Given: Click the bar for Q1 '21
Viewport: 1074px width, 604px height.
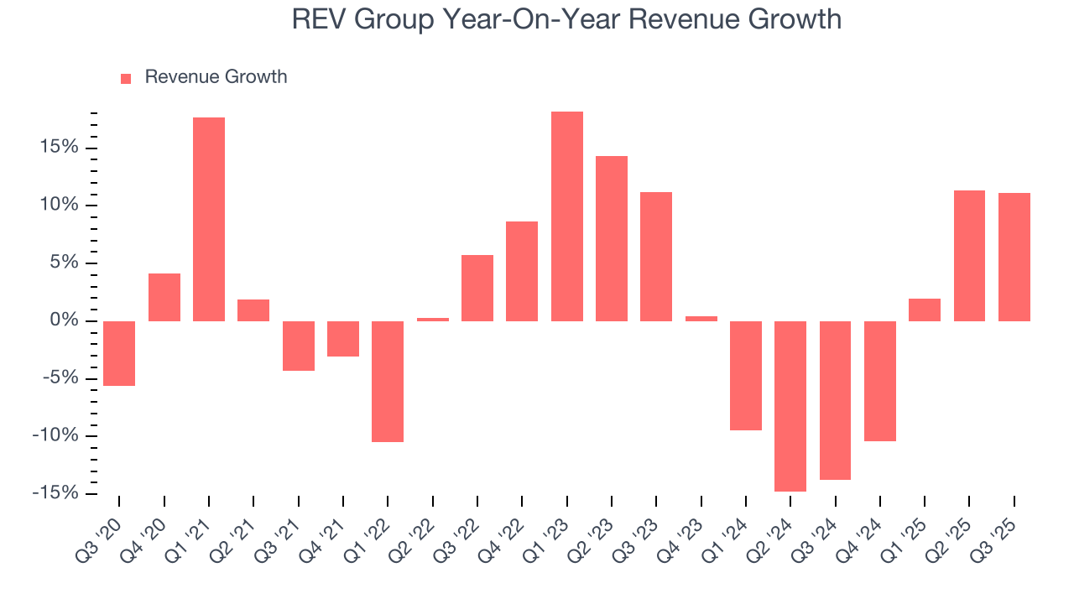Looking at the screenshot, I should [x=209, y=219].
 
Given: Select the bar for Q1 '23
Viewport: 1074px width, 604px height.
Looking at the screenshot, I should [x=566, y=216].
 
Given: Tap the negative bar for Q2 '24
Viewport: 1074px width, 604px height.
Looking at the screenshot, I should [x=790, y=406].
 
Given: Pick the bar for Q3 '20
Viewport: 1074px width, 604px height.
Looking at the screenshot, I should [x=119, y=353].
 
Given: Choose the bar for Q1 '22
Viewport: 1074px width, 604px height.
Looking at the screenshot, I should [x=388, y=381].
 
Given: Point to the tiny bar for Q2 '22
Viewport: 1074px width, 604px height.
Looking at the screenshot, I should [x=432, y=319].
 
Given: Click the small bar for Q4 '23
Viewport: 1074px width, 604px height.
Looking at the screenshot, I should [x=701, y=318].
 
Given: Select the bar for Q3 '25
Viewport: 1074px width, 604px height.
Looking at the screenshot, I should [x=1014, y=257].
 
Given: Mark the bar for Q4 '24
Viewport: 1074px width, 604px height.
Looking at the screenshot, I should [x=879, y=381].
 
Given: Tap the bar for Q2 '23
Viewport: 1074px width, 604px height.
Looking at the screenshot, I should [x=611, y=238].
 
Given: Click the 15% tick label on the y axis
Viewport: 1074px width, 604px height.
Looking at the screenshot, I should [x=60, y=148].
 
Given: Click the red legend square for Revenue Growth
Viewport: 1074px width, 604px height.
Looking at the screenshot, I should [x=126, y=78].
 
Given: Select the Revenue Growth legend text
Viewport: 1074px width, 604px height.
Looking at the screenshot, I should [x=216, y=77].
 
